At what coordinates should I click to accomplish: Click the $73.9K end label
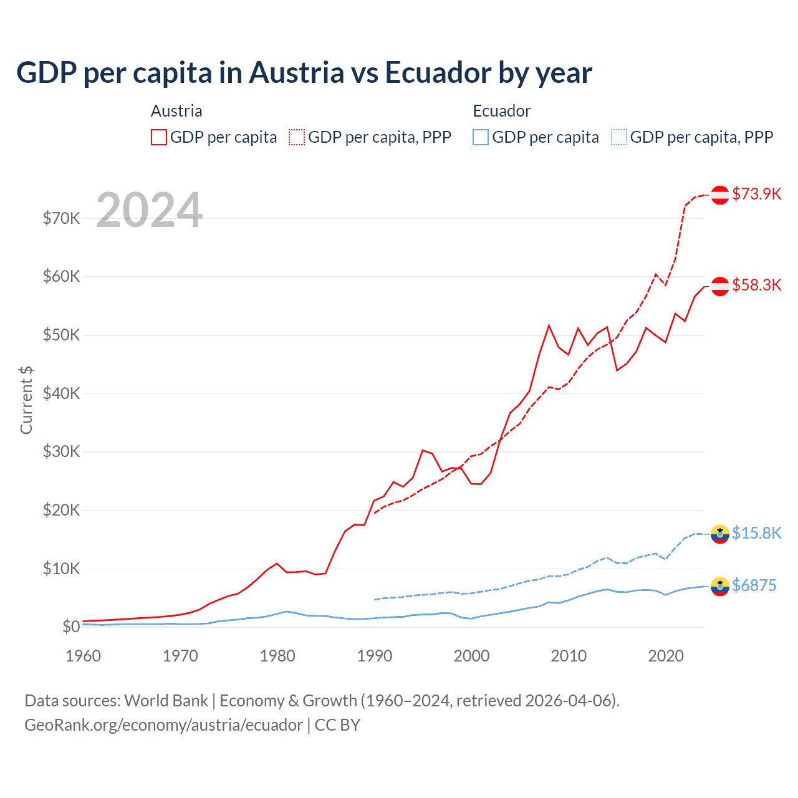756,194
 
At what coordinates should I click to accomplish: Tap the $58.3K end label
756,285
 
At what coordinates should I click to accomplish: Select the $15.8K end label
756,533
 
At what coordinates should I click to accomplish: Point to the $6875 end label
754,585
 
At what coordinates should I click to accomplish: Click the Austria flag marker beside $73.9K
720,195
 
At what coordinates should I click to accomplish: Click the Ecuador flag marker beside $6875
720,586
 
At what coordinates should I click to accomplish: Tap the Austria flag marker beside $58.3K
720,286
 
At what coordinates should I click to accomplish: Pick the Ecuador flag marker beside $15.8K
720,534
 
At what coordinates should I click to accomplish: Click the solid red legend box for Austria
159,137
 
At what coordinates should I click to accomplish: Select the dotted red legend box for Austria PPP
297,137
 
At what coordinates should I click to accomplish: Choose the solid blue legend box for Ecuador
481,137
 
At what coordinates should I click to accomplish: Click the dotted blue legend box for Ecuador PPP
619,137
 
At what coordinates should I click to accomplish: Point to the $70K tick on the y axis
61,218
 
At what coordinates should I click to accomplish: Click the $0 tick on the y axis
71,627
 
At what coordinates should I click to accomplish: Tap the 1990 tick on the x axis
375,656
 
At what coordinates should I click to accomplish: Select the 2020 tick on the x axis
666,656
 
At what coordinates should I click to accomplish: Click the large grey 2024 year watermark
149,210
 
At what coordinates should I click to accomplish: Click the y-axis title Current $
26,400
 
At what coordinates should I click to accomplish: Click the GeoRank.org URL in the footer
163,725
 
